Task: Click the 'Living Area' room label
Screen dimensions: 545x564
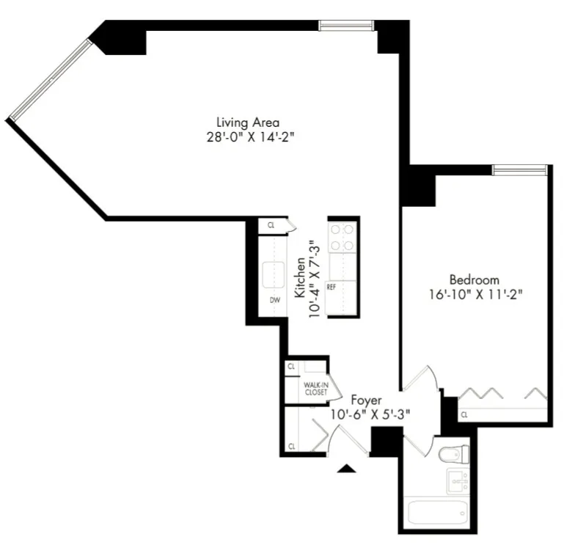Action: [247, 122]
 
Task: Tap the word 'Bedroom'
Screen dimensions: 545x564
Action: [474, 279]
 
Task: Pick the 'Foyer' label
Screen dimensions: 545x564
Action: [365, 400]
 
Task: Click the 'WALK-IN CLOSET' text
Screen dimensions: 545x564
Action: [316, 388]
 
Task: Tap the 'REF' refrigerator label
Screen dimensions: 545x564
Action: [331, 287]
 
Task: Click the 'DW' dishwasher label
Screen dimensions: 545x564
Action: [274, 299]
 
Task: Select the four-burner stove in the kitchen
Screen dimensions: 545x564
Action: [342, 238]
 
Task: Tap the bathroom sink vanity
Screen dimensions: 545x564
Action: [458, 481]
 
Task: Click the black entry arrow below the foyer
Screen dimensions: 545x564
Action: [348, 469]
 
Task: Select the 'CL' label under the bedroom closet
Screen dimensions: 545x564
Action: [464, 415]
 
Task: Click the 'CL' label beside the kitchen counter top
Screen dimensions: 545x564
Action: [271, 226]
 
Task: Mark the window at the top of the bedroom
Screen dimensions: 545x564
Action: [519, 170]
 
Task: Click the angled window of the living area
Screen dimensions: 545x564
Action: [50, 79]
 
